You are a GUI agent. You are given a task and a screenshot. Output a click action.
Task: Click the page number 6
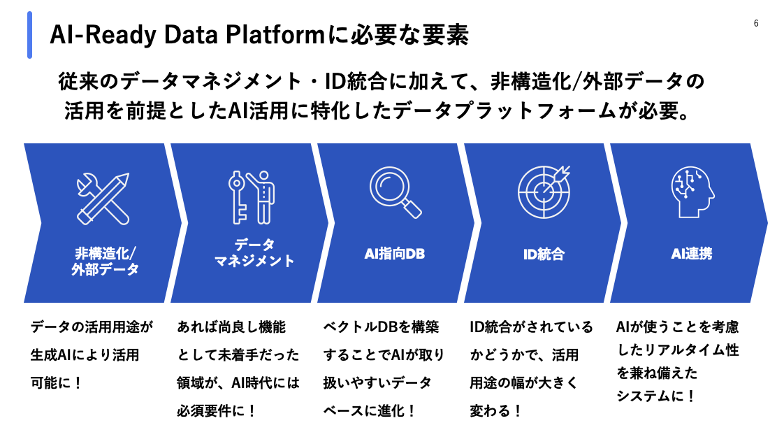tap(756, 24)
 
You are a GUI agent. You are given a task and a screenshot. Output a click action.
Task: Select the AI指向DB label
tap(395, 254)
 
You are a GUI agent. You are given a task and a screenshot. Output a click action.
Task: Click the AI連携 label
tap(692, 254)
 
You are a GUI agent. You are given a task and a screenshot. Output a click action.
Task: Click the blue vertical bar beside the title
tap(30, 35)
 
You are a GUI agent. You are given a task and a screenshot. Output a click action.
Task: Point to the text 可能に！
tap(57, 383)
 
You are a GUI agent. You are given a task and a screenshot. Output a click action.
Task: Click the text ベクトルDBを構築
tap(382, 327)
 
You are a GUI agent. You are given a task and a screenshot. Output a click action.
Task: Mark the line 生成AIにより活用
tap(85, 355)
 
